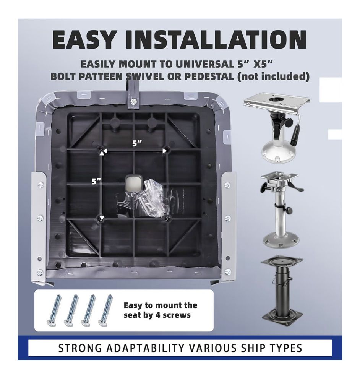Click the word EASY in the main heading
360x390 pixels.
click(84, 40)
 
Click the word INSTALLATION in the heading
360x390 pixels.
click(216, 40)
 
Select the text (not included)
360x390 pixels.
click(273, 76)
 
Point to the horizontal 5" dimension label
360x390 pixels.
click(137, 143)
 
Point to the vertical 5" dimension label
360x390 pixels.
click(96, 181)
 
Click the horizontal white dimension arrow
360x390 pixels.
click(134, 151)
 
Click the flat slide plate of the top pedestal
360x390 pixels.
click(276, 101)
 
